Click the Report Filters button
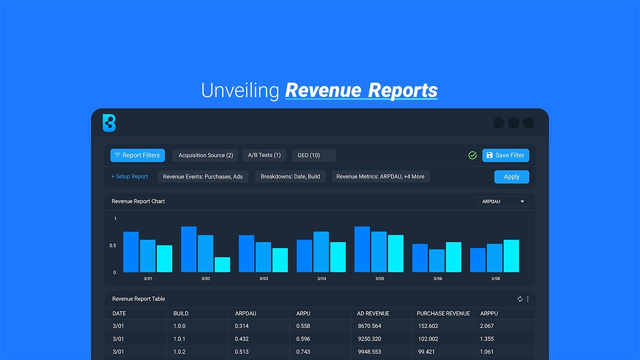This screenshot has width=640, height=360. coord(137,155)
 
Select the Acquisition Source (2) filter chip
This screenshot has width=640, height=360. coord(205,155)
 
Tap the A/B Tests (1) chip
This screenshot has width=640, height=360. coord(264,155)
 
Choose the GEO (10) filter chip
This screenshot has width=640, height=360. coord(308,155)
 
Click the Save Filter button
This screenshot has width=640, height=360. coord(505,155)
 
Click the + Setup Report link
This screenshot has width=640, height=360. coord(129,176)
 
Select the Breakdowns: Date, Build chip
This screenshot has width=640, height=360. coord(290,176)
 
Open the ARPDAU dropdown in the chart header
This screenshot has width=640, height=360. coord(503,201)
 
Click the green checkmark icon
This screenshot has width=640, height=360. coord(472,155)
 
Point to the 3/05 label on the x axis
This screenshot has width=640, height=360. coord(379,278)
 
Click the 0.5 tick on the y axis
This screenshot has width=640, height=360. coord(113,245)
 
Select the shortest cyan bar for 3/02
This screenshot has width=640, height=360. coord(222,264)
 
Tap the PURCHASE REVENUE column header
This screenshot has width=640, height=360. coord(443,313)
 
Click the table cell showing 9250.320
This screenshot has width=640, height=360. coord(369,339)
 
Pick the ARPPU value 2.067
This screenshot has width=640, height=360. coord(486,326)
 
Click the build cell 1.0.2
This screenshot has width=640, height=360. coord(179,352)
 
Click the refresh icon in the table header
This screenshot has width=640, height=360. coord(519,299)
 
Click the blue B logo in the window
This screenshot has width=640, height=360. coord(109,123)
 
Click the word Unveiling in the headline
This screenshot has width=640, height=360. coord(240,90)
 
